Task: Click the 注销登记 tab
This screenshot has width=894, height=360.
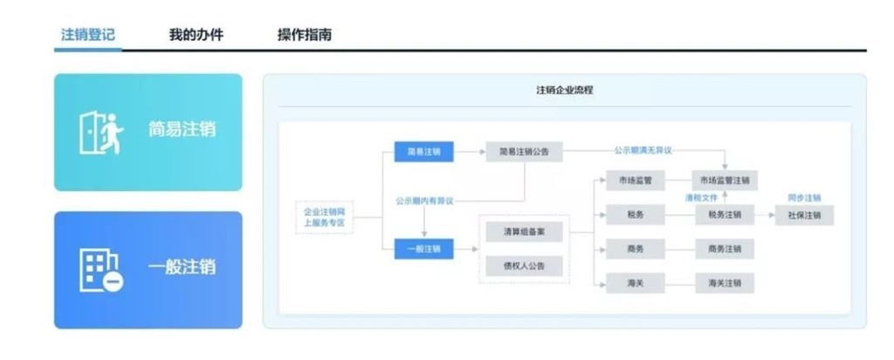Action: [88, 35]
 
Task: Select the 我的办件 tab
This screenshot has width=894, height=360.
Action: [196, 35]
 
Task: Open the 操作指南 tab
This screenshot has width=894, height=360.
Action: [304, 35]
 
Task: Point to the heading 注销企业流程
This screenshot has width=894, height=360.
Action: [564, 90]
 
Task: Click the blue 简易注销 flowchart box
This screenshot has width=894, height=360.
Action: [423, 151]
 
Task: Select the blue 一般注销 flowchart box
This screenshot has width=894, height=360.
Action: [423, 249]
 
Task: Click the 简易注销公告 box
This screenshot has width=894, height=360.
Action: [524, 151]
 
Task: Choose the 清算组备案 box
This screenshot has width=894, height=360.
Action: [524, 233]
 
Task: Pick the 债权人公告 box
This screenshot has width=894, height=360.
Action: [524, 266]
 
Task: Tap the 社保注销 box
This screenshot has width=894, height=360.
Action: [804, 215]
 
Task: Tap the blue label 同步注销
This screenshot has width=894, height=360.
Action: [804, 197]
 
